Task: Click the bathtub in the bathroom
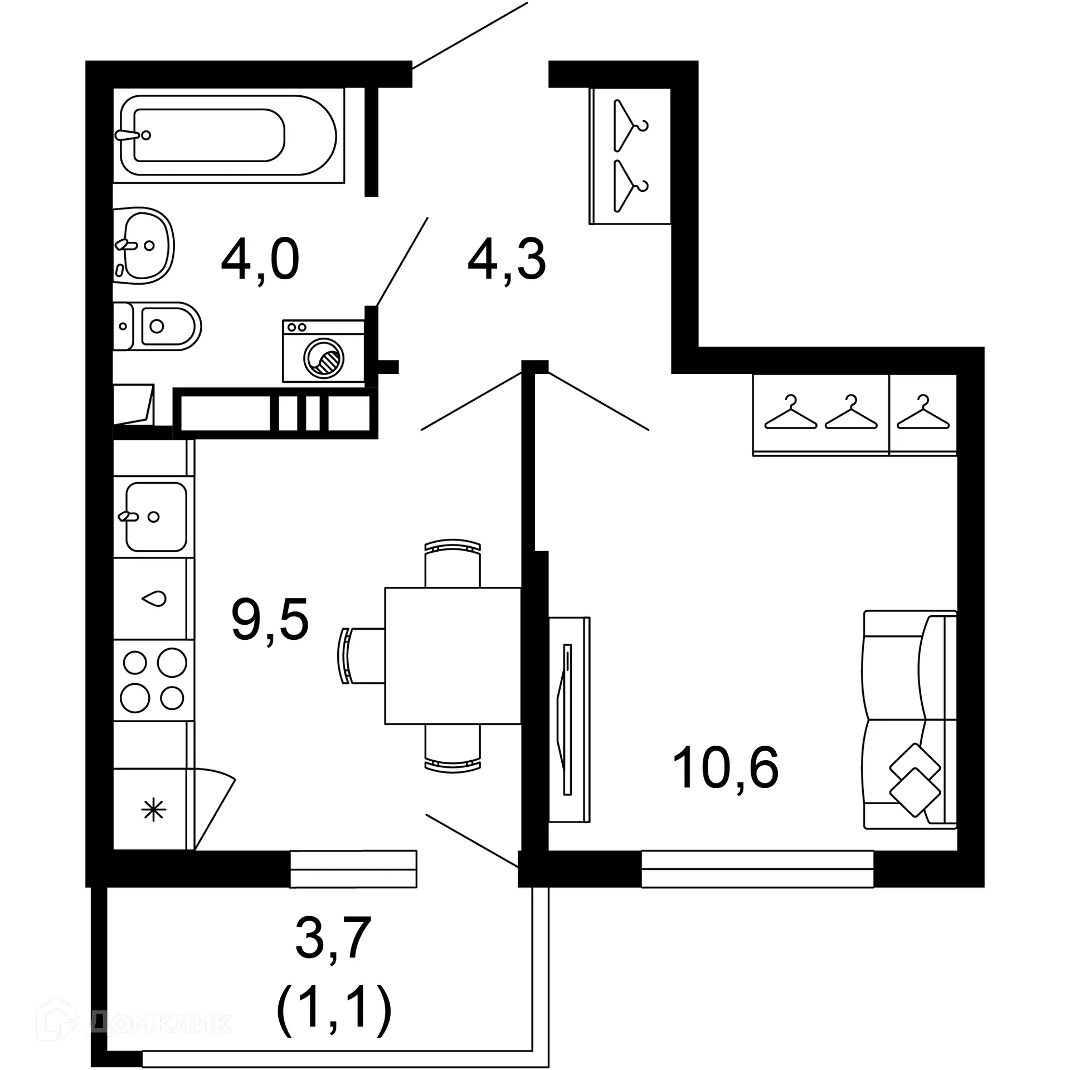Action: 228,135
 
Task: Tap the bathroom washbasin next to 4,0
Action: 143,245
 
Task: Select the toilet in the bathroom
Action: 159,326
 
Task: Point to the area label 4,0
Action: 260,260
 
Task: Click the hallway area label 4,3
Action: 507,260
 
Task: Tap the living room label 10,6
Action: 725,769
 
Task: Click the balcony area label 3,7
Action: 333,938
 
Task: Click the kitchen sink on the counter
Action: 155,517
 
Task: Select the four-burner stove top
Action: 153,679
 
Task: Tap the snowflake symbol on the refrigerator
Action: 153,810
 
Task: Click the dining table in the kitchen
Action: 453,655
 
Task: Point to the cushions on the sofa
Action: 915,780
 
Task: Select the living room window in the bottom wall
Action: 757,868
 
